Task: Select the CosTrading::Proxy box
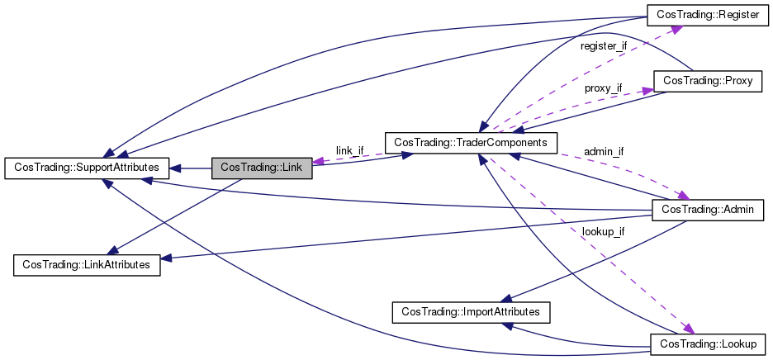coord(706,80)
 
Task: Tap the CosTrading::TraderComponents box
coord(471,142)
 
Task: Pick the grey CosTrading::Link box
coord(262,168)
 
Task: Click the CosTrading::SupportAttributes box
coord(87,168)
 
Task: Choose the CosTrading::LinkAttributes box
coord(87,265)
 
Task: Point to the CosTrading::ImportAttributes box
coord(470,312)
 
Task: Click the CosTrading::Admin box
coord(708,210)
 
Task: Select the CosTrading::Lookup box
coord(708,343)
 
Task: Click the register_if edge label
coord(604,46)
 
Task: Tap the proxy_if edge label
coord(603,88)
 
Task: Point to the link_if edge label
coord(349,150)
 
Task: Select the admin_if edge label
coord(604,152)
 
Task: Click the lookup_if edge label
coord(603,232)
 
